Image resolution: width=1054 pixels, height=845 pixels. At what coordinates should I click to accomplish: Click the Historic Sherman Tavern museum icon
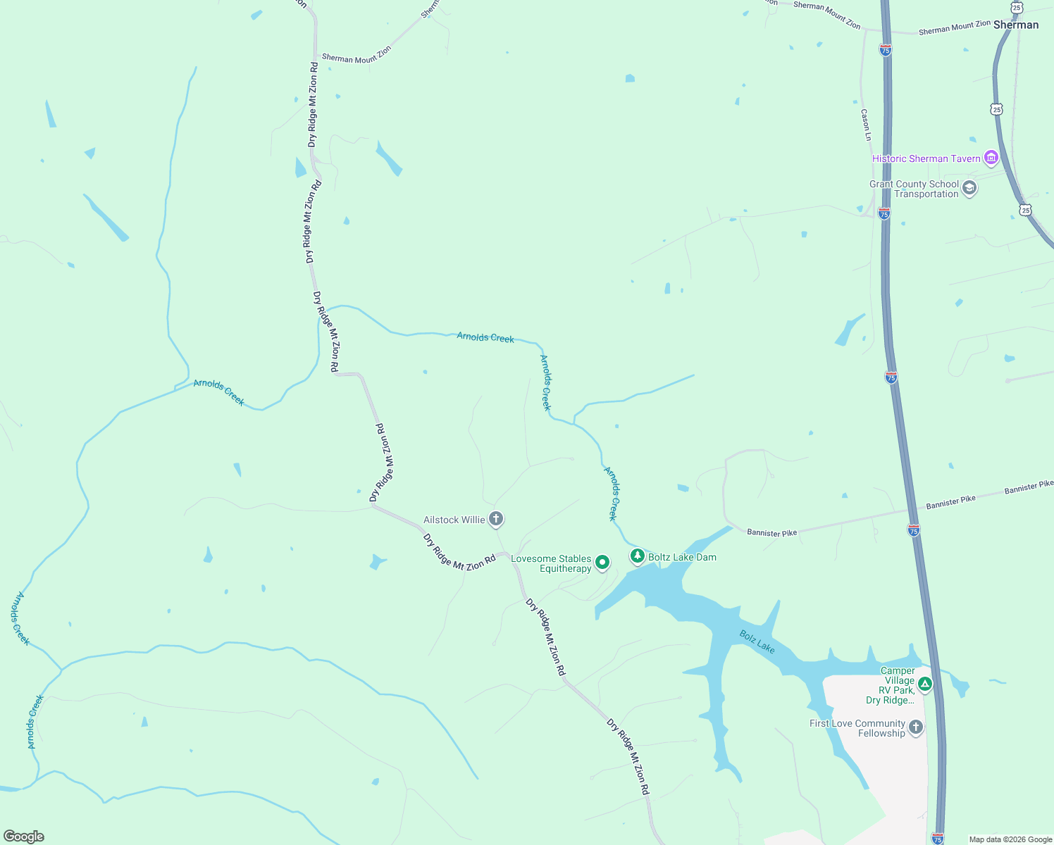991,158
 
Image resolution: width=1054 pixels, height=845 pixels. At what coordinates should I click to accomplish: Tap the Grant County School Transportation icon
969,188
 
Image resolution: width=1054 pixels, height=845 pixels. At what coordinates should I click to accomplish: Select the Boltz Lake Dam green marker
638,556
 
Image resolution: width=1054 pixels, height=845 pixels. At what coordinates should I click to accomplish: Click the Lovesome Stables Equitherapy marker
602,562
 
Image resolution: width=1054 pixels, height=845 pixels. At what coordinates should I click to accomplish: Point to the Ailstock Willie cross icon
496,520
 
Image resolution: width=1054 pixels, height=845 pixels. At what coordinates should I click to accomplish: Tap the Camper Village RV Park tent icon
925,684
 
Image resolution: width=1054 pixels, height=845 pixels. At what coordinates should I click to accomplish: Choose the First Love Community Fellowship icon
915,727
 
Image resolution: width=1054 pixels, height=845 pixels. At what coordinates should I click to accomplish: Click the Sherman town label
1016,25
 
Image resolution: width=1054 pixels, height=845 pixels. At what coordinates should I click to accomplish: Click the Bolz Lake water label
757,641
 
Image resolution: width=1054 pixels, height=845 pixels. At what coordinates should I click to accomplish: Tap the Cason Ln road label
866,125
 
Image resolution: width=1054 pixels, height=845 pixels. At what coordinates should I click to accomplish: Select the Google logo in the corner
23,837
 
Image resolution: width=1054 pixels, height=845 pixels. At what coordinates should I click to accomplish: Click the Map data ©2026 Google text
1010,839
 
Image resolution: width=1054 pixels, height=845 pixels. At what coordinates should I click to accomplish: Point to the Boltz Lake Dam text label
682,557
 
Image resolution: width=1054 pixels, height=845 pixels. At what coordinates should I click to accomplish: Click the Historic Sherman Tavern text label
926,158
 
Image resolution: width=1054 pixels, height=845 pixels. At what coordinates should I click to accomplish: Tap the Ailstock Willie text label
454,520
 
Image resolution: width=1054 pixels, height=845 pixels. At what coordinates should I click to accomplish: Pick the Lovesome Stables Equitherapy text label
552,563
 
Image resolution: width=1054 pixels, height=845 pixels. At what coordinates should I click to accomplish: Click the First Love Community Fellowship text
857,728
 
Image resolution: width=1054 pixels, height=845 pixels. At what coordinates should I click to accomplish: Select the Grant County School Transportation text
914,189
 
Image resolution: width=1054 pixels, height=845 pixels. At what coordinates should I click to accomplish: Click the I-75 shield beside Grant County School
884,213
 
